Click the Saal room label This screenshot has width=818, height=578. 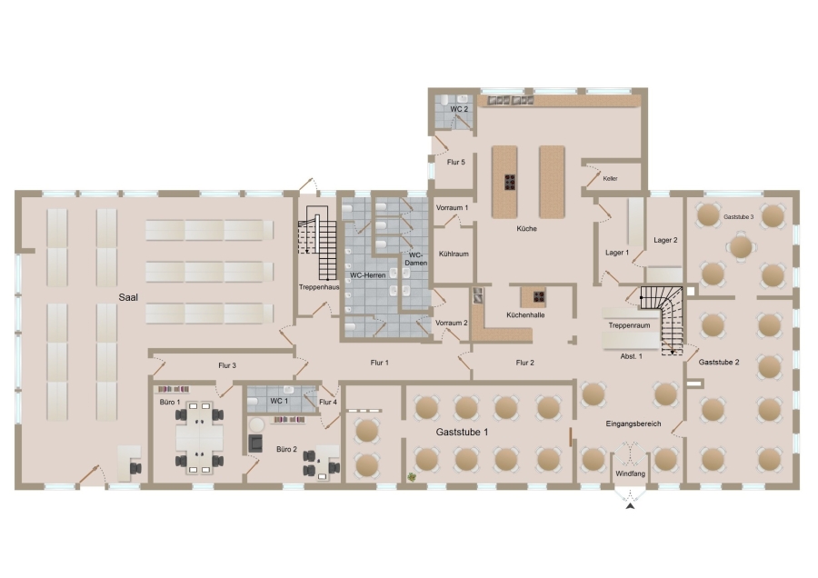[x=128, y=297]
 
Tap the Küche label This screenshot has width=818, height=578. [x=526, y=228]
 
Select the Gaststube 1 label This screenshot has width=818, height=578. [x=463, y=432]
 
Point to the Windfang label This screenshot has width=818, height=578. [x=630, y=473]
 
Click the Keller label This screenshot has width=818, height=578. [x=611, y=178]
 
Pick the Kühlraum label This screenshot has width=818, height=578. [x=454, y=254]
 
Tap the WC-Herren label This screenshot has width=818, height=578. [x=368, y=275]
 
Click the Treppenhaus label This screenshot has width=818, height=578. [x=319, y=287]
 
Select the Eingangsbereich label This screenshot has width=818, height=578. [x=633, y=424]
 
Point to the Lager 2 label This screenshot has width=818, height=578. [x=665, y=240]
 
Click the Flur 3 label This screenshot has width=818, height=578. [x=227, y=365]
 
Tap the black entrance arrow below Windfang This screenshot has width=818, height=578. [x=631, y=505]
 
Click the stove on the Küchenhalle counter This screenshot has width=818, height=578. [x=539, y=297]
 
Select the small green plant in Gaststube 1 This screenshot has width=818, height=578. [x=412, y=476]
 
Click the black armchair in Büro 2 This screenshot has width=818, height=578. [x=255, y=443]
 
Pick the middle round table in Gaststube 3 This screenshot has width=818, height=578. [x=741, y=247]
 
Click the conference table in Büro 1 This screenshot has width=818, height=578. [x=199, y=437]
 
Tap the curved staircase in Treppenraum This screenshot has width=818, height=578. [x=663, y=319]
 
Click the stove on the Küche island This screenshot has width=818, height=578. [x=510, y=182]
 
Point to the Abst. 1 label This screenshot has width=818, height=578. [x=632, y=356]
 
